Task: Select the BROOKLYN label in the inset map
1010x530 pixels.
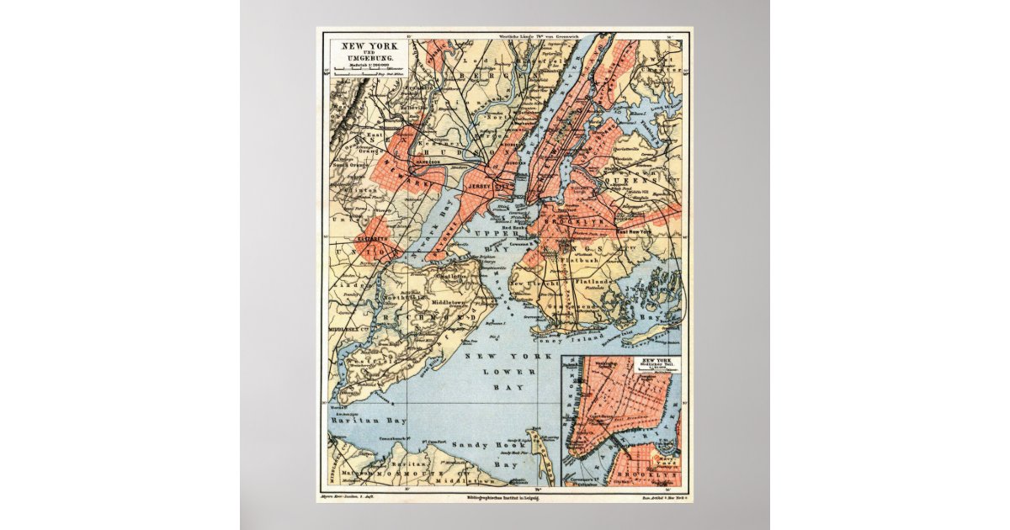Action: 647,475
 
